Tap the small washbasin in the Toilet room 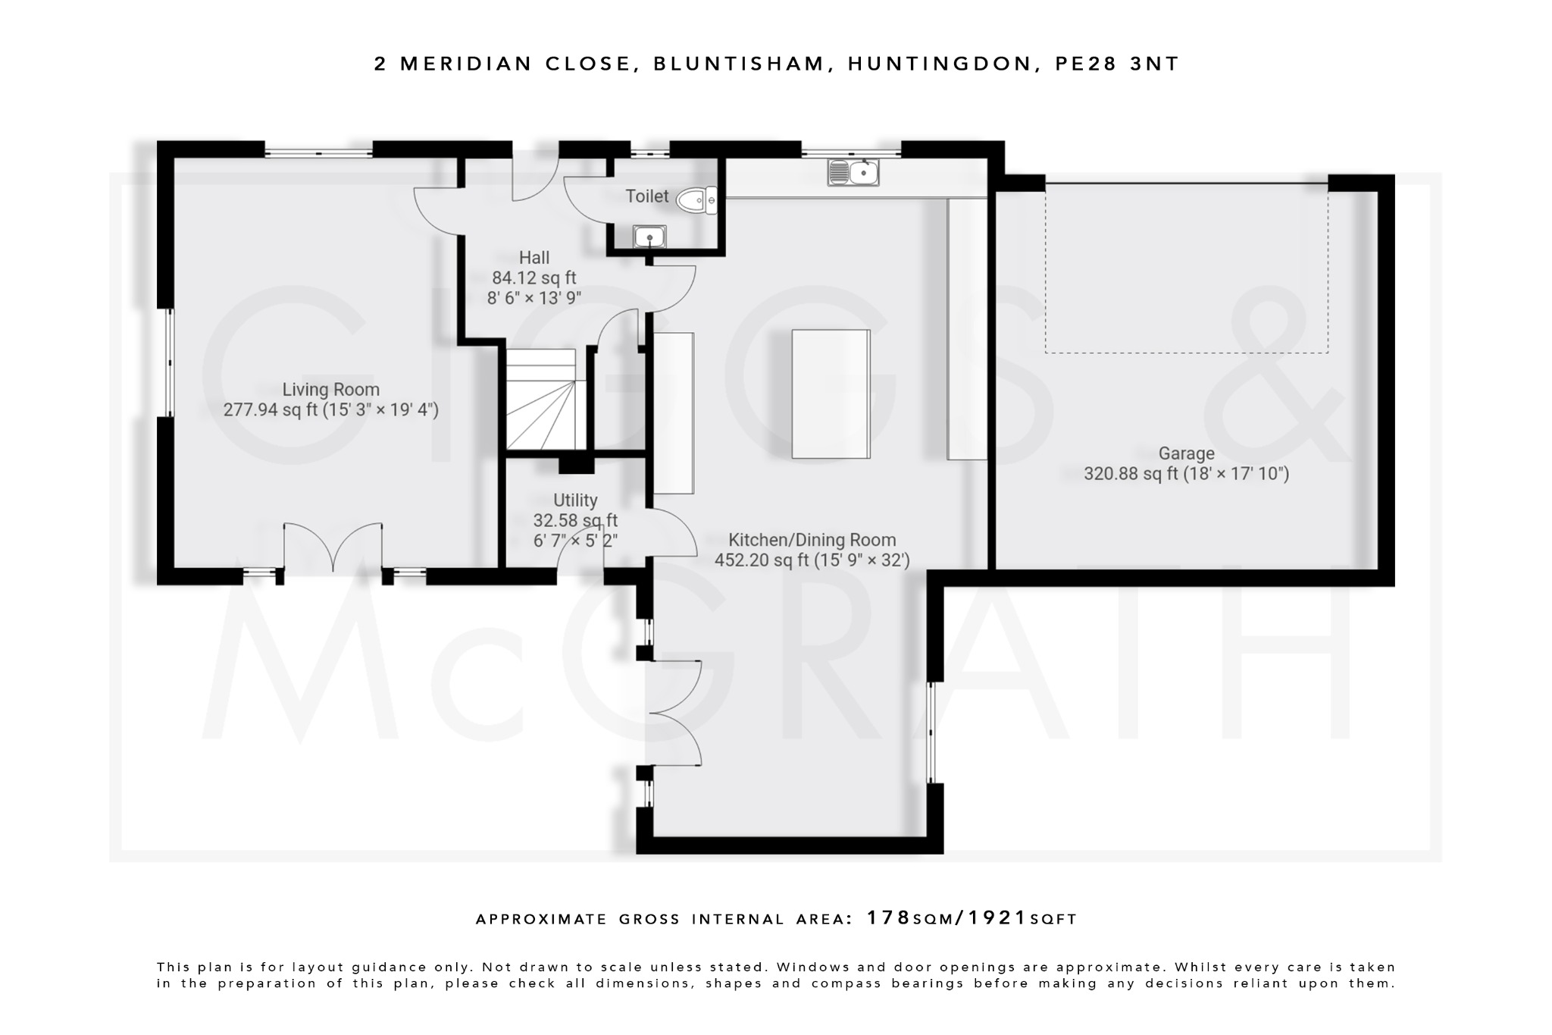coord(649,237)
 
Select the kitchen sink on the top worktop coord(853,173)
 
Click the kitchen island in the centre coord(831,394)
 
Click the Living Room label coord(330,390)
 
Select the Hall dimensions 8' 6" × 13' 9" coord(534,298)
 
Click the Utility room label coord(575,500)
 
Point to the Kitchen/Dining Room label coord(812,540)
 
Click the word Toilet coord(646,196)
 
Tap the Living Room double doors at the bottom coord(333,547)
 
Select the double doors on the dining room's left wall coord(674,713)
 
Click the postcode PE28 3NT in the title coord(1117,64)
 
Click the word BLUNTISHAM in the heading coord(739,64)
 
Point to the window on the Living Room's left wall coord(168,362)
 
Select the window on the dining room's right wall coord(932,732)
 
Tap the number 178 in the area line coord(888,918)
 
